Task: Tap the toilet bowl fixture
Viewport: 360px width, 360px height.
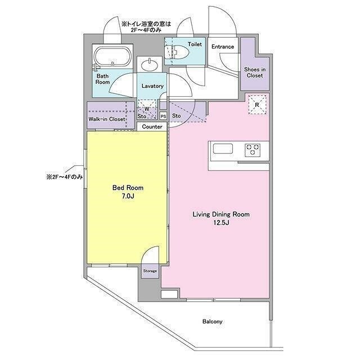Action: coord(177,52)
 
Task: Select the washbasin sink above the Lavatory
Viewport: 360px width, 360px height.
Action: coord(150,65)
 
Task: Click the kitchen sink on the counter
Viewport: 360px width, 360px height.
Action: coord(223,148)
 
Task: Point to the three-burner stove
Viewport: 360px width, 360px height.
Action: coord(253,150)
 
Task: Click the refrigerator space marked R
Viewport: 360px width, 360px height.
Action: coord(257,105)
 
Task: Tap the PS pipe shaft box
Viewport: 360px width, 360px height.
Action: coord(163,116)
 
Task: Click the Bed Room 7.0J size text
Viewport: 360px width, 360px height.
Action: coord(128,196)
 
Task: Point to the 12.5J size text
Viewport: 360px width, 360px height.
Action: coord(221,223)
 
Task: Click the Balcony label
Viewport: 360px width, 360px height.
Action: coord(213,321)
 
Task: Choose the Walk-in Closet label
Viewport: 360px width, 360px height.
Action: coord(107,119)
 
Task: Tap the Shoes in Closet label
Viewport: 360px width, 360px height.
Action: coord(255,73)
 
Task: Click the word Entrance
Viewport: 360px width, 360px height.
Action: coord(223,47)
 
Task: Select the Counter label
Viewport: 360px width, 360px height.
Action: coord(152,127)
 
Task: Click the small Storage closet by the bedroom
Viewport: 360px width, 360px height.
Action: coord(150,271)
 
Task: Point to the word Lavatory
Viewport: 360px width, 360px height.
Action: coord(152,86)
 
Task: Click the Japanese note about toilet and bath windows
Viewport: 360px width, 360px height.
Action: coord(146,26)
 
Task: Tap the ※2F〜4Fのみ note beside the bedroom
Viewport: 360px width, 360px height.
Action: coord(65,177)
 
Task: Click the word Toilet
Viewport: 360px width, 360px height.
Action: coord(195,44)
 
